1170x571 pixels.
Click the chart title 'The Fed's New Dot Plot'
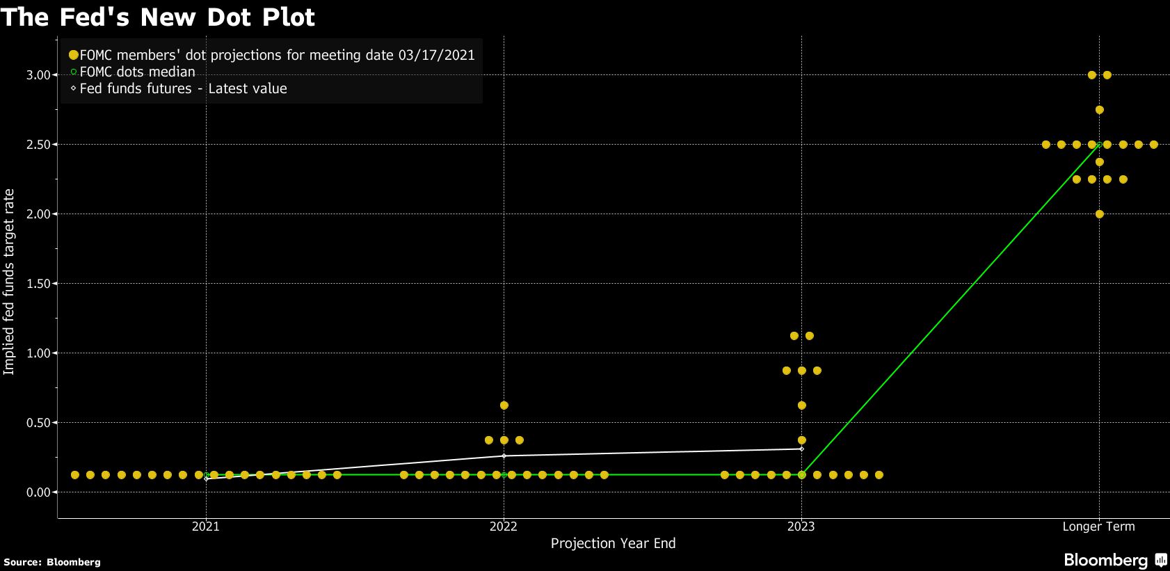pos(158,17)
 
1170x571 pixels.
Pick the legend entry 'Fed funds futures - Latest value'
pos(183,88)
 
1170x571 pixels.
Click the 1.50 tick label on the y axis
pos(38,284)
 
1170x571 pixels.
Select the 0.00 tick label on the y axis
pos(38,492)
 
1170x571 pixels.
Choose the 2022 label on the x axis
pos(504,526)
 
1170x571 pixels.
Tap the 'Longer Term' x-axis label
pos(1098,526)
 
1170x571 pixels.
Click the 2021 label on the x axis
pos(206,526)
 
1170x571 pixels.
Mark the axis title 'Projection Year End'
pos(613,543)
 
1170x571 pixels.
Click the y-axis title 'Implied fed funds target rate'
pos(9,282)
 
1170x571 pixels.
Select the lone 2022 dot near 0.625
pos(504,405)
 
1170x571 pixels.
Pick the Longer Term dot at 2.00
pos(1100,214)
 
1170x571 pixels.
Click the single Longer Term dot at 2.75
pos(1100,110)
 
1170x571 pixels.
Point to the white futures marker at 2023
pos(802,449)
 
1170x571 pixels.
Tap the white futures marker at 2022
pos(504,456)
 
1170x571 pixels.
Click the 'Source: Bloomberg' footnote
pos(52,562)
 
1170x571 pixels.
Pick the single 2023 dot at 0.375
pos(802,440)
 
